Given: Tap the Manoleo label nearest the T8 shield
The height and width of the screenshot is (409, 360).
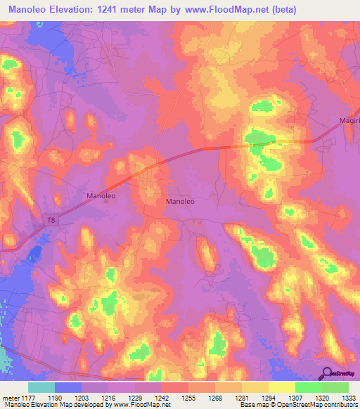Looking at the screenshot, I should [x=100, y=195].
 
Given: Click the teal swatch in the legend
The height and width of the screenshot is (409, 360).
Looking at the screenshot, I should [x=42, y=387].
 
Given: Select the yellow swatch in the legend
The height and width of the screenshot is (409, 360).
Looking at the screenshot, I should [x=281, y=387].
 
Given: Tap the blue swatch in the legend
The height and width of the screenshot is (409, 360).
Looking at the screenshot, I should [x=69, y=387].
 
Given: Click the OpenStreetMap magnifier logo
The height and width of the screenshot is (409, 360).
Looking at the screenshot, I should [x=327, y=373].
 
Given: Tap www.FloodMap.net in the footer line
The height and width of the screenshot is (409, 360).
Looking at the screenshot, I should [x=141, y=405].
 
